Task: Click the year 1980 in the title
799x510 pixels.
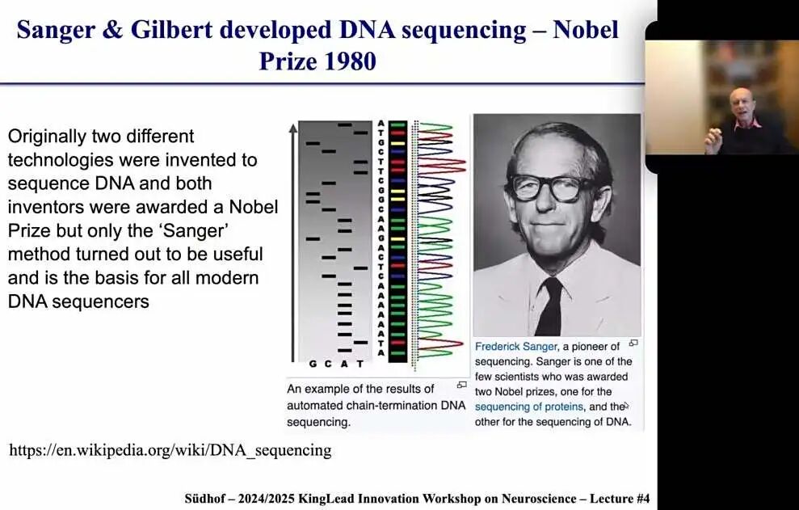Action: (x=350, y=61)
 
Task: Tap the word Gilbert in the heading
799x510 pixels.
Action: (x=171, y=30)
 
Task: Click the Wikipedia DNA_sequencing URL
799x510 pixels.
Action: (x=170, y=450)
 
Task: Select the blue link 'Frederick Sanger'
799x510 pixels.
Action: (x=516, y=346)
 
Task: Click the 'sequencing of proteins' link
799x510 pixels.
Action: (x=529, y=407)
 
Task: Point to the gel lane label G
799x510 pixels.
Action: (x=313, y=364)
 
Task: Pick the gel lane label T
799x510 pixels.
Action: (x=360, y=364)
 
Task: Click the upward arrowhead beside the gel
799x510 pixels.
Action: (x=293, y=127)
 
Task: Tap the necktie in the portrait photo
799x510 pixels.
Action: (x=550, y=306)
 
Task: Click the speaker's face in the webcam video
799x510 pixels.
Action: (x=740, y=104)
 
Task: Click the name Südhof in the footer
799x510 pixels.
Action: (x=204, y=498)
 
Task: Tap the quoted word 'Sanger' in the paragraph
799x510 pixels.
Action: (x=194, y=230)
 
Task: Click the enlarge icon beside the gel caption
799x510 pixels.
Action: (x=461, y=385)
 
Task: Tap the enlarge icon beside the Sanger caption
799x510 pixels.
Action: (x=633, y=344)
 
